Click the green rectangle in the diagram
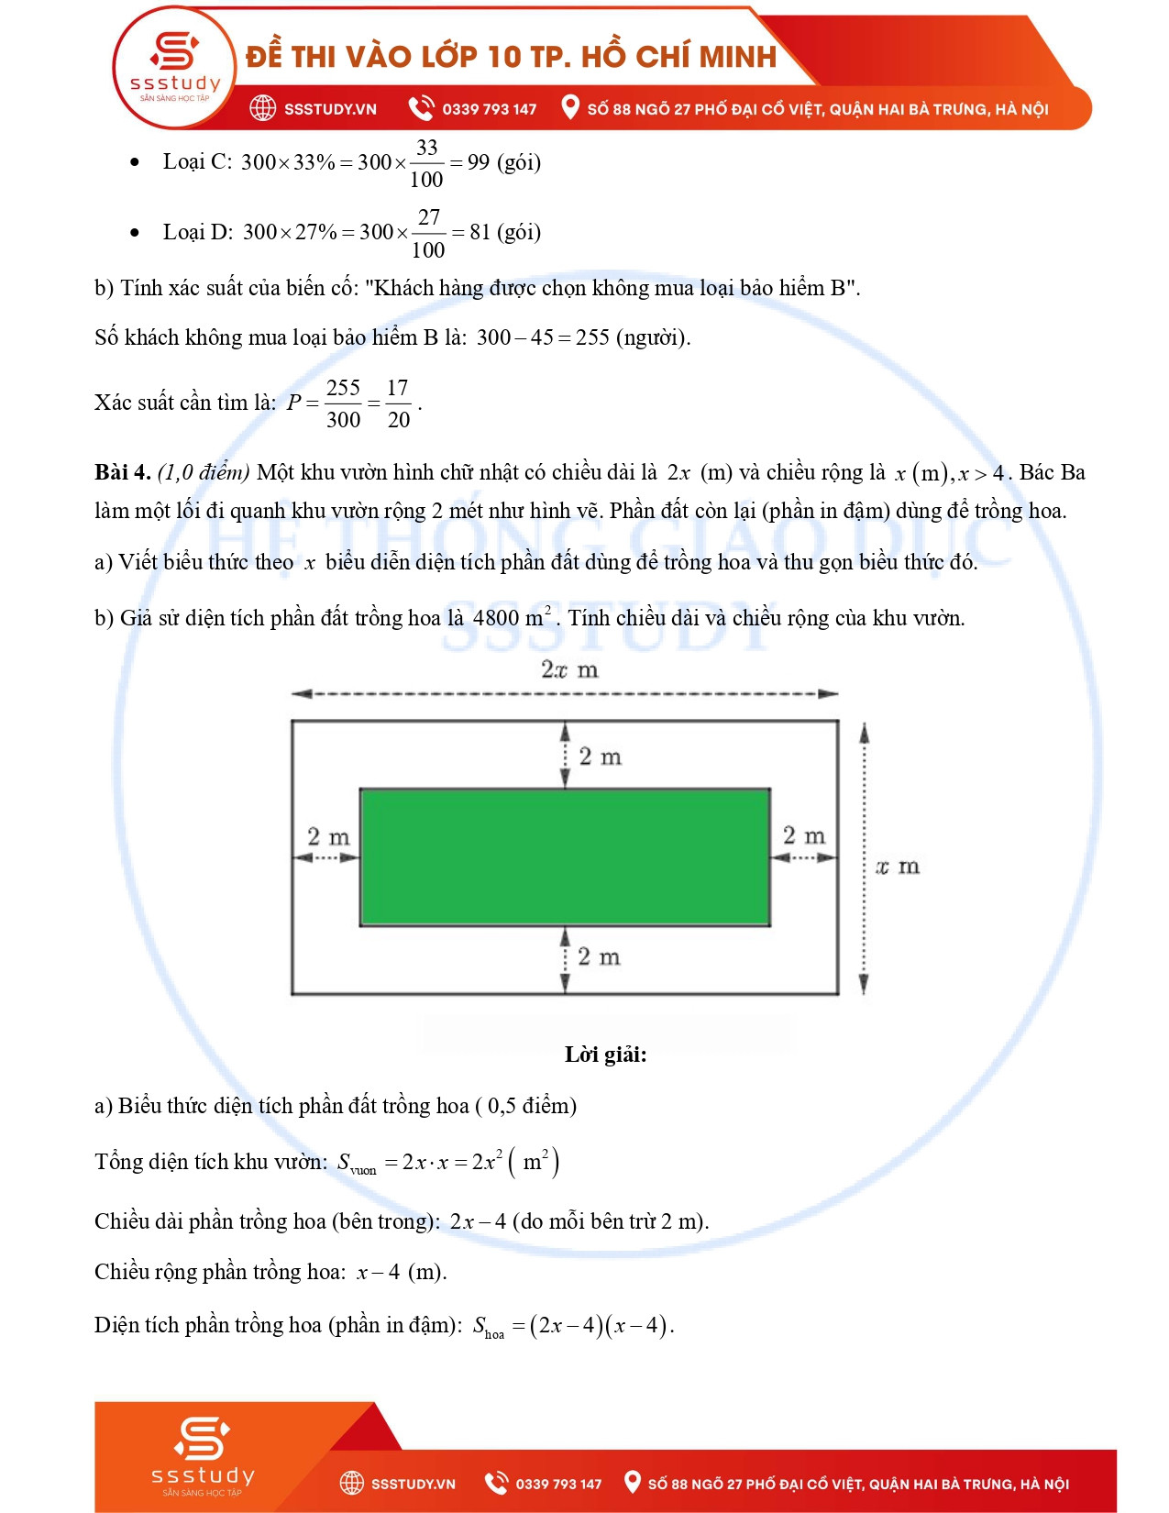pos(564,856)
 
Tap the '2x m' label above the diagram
pos(569,670)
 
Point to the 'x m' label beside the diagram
pos(897,867)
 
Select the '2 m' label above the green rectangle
pos(601,756)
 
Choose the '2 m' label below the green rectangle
pos(600,957)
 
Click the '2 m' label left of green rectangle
pos(328,837)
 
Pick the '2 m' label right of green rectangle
pos(804,836)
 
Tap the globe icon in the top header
pos(263,108)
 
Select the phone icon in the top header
pos(421,108)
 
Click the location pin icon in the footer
pos(632,1483)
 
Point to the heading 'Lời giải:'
pos(605,1055)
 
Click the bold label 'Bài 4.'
pos(122,472)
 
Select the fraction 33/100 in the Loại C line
pos(426,163)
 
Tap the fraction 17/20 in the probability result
pos(398,403)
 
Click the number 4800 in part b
pos(496,618)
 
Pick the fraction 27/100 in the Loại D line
pos(428,233)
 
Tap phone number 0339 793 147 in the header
pos(490,109)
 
